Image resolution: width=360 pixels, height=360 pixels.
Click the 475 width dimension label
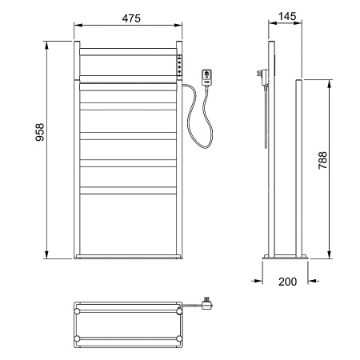[131, 18]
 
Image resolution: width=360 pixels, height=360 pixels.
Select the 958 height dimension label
[40, 132]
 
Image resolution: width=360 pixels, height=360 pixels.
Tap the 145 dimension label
[287, 17]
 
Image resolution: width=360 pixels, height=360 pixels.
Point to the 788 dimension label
[322, 160]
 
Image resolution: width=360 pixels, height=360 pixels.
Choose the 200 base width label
[287, 282]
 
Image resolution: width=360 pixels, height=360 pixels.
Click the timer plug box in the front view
[206, 77]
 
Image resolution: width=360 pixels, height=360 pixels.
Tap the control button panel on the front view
[180, 65]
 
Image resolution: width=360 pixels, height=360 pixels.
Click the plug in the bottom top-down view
[206, 304]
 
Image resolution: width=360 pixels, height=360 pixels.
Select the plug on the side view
[263, 78]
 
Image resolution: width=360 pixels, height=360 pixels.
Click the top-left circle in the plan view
[78, 311]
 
